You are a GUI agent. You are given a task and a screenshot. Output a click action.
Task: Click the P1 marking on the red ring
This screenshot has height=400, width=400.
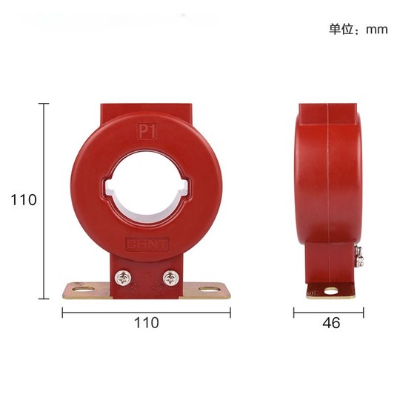[147, 131]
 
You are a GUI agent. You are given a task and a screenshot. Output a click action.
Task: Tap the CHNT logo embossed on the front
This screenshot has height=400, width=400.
[147, 244]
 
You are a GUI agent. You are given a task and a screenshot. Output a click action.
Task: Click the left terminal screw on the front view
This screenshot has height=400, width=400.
[123, 278]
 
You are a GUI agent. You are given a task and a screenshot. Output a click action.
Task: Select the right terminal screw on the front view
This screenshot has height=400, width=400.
[170, 278]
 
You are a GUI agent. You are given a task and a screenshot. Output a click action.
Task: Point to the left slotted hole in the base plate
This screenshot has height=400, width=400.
[83, 290]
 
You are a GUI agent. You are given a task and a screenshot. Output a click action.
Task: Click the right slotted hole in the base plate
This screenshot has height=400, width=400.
[210, 290]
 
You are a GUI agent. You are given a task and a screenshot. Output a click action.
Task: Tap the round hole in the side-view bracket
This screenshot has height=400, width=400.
[331, 290]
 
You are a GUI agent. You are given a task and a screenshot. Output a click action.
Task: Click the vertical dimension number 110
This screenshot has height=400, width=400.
[24, 200]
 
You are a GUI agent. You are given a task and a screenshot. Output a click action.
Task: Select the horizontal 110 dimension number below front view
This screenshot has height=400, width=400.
[147, 323]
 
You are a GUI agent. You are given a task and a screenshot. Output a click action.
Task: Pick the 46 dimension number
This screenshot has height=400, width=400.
[331, 323]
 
